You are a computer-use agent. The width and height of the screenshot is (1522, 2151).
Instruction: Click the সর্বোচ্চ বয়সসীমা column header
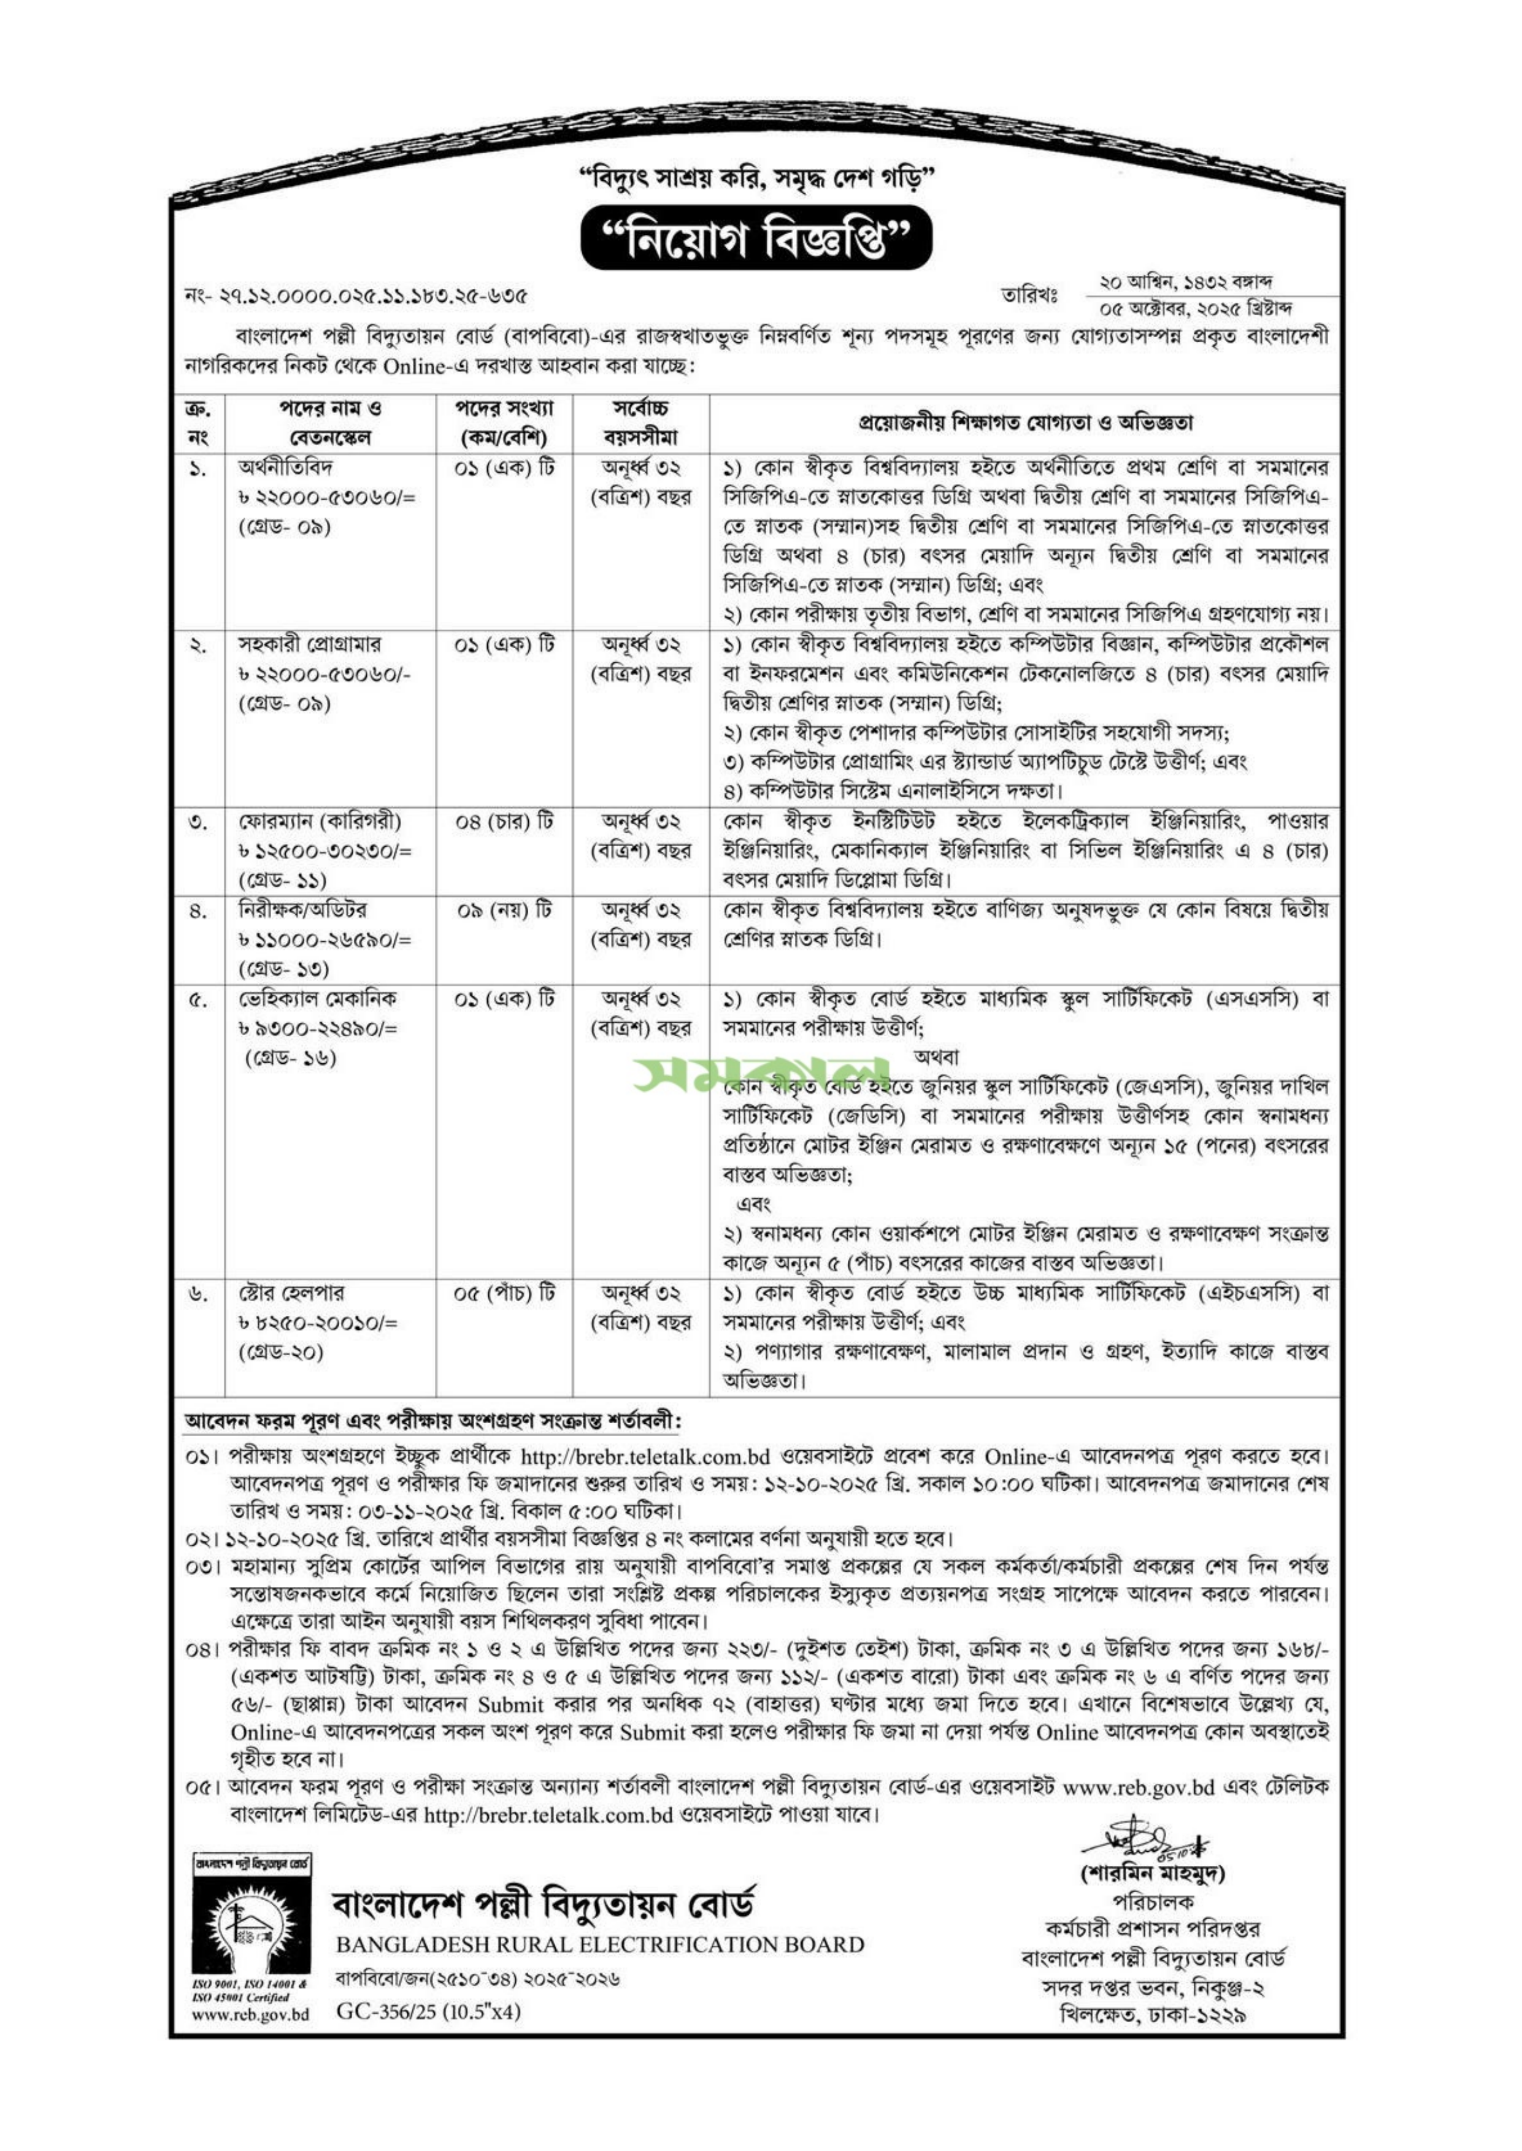[x=641, y=424]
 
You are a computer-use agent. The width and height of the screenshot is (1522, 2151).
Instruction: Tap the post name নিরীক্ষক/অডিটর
[x=302, y=910]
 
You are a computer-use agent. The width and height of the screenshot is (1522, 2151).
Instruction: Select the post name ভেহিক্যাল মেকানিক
[x=310, y=998]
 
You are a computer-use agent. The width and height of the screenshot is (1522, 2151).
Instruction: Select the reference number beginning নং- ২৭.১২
[x=356, y=298]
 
